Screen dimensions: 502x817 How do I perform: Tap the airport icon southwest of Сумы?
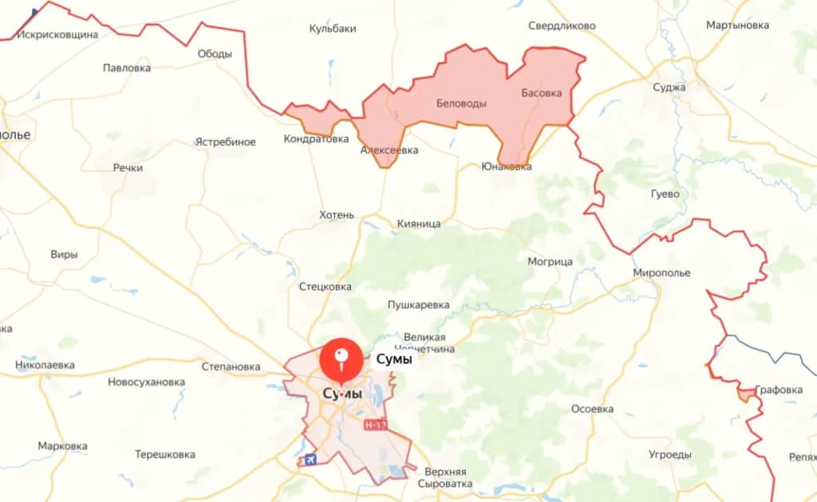pyautogui.click(x=310, y=460)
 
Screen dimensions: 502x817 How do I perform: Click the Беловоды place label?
pyautogui.click(x=461, y=104)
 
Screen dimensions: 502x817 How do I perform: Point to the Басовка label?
pyautogui.click(x=542, y=92)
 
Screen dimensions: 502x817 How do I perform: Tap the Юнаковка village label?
pyautogui.click(x=507, y=167)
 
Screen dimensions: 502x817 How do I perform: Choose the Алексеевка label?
pyautogui.click(x=389, y=150)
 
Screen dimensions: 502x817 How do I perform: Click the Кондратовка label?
pyautogui.click(x=316, y=139)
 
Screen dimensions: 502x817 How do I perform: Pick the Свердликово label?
pyautogui.click(x=562, y=25)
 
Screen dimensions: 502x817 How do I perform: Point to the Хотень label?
pyautogui.click(x=336, y=215)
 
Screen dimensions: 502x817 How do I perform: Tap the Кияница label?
pyautogui.click(x=419, y=224)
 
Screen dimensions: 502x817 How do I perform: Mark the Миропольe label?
pyautogui.click(x=661, y=273)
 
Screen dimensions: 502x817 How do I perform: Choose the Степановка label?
pyautogui.click(x=231, y=367)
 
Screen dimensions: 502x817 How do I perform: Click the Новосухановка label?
pyautogui.click(x=146, y=382)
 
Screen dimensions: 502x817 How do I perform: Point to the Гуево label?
pyautogui.click(x=665, y=194)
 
